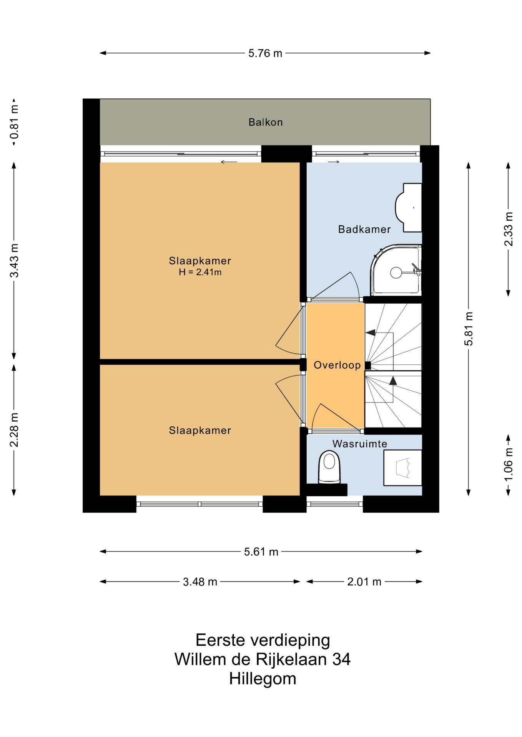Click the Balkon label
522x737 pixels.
pos(265,122)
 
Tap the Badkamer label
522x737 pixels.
pos(364,229)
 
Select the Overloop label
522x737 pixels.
pos(337,365)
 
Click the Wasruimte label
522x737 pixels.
pos(359,444)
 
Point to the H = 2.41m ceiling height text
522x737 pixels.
pos(200,273)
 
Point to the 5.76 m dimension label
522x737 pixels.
pos(265,53)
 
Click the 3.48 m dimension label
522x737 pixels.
pos(200,582)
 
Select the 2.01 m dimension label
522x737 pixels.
pos(364,582)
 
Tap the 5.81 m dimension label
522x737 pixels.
pos(469,329)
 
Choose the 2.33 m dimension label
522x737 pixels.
pos(508,229)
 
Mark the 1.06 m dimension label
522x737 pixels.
pos(508,464)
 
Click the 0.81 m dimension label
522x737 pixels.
pos(14,122)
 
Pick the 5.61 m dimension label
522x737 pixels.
pos(261,552)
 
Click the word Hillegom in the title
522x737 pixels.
pos(263,679)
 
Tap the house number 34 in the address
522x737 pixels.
pos(341,659)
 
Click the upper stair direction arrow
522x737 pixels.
pos(370,332)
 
